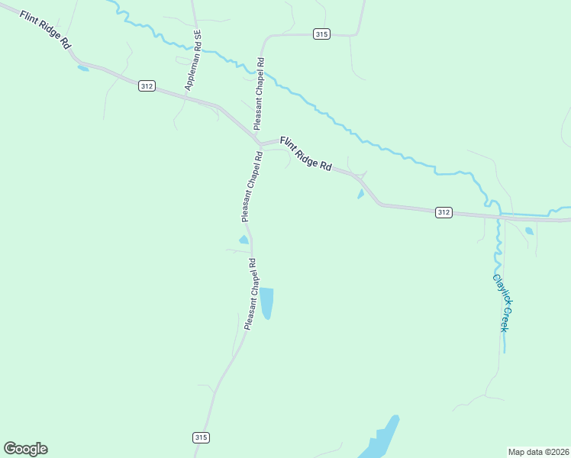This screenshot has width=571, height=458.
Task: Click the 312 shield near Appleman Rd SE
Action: [147, 86]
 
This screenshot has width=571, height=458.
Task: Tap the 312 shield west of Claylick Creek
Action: [444, 212]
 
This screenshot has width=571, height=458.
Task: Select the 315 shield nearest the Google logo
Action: [201, 437]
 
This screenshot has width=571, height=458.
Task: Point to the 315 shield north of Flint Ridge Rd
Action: [321, 34]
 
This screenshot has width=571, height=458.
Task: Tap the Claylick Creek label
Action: [500, 302]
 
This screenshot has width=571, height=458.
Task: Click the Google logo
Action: [25, 449]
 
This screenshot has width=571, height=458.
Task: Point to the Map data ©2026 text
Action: [538, 452]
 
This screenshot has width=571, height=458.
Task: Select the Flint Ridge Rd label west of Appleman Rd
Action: [46, 31]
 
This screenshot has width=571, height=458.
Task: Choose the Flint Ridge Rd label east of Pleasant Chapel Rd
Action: [305, 153]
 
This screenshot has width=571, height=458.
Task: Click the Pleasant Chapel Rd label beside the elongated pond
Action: [250, 294]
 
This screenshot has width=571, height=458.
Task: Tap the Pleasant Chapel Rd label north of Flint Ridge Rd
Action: [259, 93]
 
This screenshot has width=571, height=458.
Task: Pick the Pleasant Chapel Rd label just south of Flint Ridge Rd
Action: [252, 187]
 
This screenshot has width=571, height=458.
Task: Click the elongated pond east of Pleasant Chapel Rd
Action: [266, 303]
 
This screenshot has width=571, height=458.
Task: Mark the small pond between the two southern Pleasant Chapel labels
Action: [244, 240]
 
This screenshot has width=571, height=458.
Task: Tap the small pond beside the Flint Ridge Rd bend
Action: [360, 194]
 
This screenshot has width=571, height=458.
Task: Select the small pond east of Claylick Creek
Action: [529, 231]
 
